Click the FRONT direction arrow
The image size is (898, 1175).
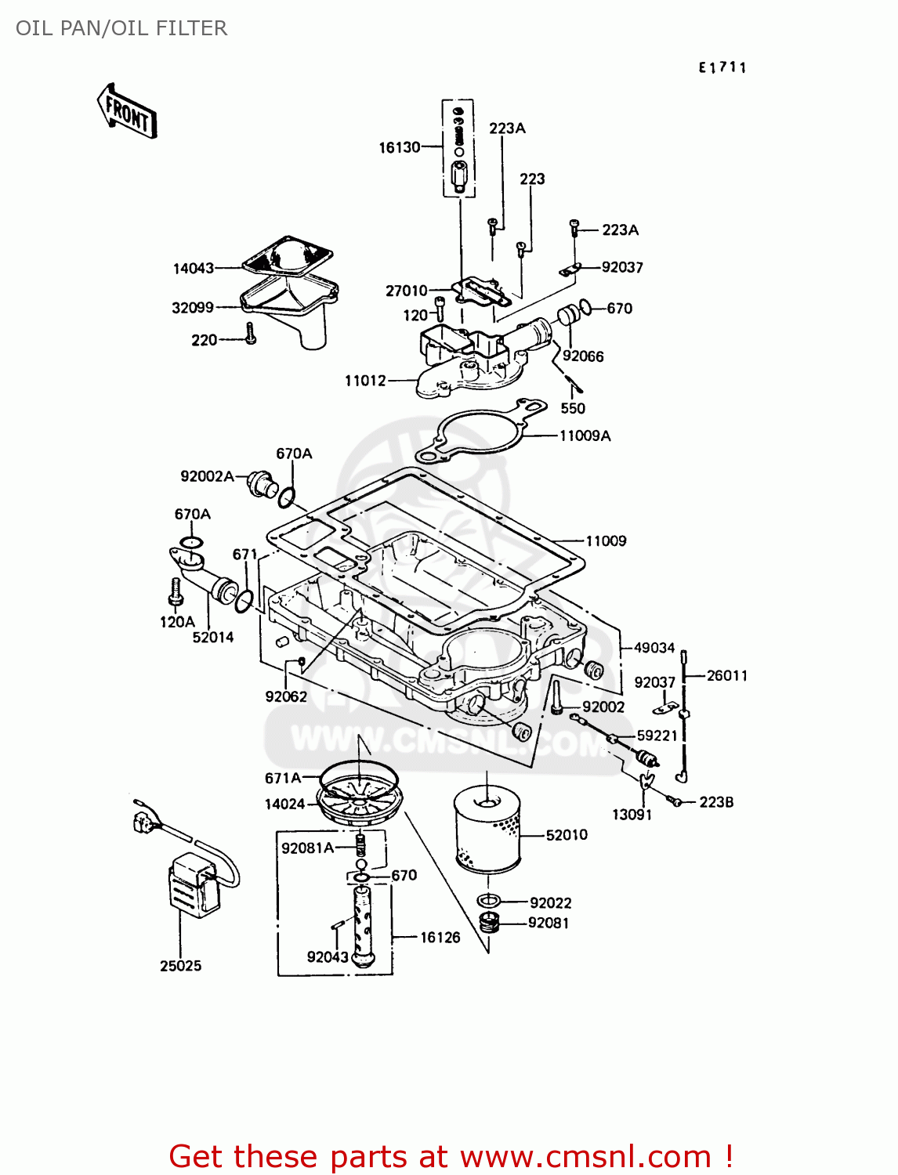127,112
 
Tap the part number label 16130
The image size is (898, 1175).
400,147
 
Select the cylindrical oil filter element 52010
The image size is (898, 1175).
487,833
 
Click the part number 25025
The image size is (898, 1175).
180,966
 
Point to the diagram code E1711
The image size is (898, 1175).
722,68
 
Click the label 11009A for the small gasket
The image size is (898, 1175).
585,436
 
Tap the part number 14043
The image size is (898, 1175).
194,269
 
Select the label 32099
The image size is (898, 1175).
193,308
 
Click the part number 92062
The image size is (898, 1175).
286,696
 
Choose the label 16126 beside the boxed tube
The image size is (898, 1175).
440,937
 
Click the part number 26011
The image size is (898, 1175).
726,675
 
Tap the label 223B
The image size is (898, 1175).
716,802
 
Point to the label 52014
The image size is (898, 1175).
213,638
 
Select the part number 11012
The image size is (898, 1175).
366,381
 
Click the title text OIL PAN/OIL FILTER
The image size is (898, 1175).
121,28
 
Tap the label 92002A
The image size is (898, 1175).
207,476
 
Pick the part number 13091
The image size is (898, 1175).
632,815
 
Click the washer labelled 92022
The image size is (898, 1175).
487,902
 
